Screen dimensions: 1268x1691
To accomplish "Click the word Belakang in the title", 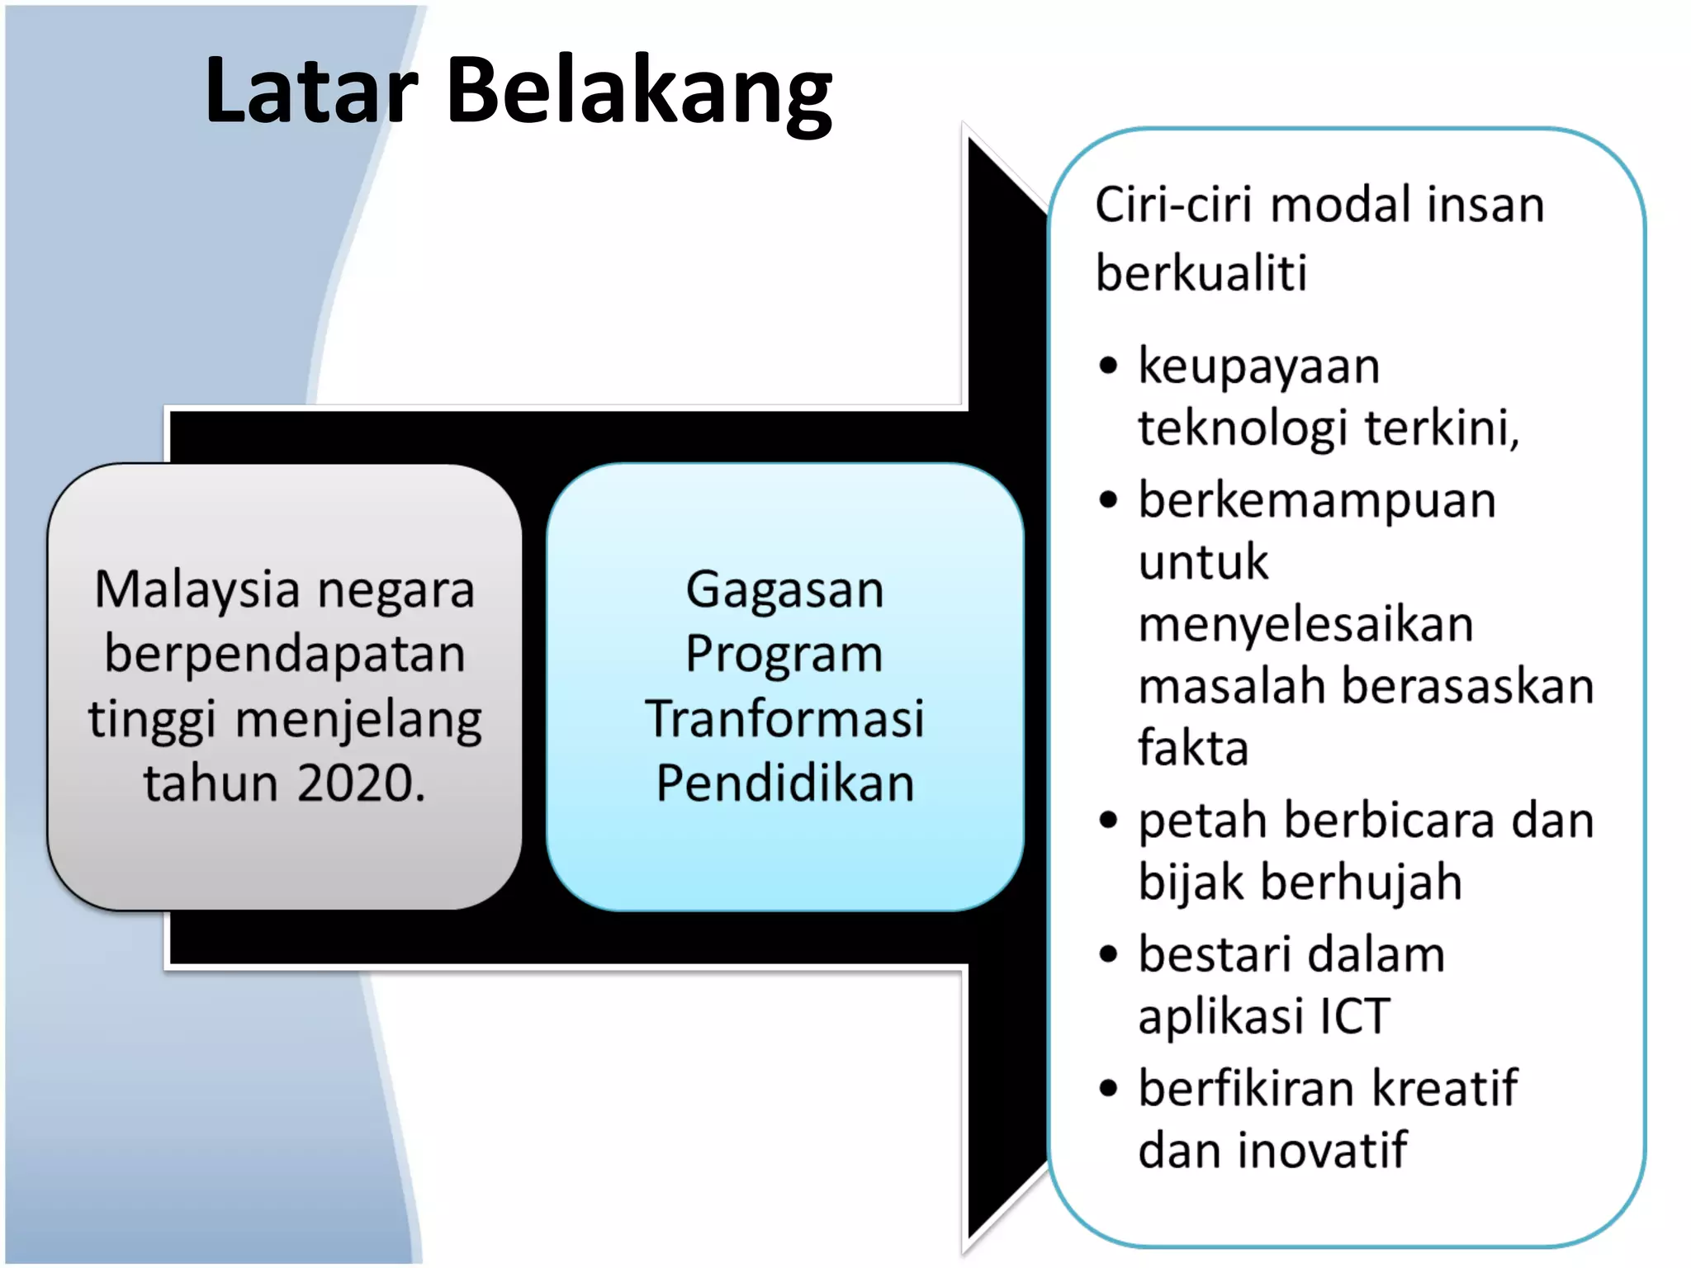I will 639,91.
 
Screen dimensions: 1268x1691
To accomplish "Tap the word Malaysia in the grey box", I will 197,591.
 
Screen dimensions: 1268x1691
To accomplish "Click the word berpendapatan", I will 285,654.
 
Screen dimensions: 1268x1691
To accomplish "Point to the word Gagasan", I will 784,591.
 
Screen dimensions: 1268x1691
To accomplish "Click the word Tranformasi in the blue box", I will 784,718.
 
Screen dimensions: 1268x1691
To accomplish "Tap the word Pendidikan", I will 784,783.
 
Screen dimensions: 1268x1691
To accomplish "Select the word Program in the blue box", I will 784,655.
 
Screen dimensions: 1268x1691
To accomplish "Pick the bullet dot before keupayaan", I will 1108,366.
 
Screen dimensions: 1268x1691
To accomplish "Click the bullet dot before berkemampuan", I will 1108,500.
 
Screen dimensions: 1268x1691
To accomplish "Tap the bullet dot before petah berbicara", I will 1108,821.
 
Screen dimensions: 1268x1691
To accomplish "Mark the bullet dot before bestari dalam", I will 1108,954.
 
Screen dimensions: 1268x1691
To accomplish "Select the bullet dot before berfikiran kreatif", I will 1108,1088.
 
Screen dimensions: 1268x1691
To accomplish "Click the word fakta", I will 1193,748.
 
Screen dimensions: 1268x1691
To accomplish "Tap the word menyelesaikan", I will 1305,624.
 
